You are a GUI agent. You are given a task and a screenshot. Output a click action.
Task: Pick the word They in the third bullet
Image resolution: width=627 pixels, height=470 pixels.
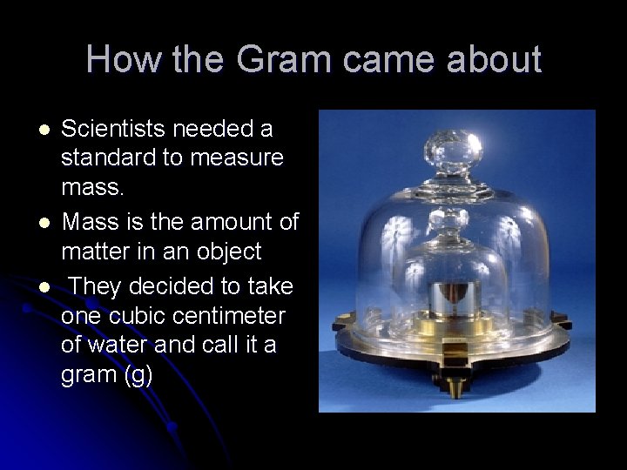(96, 285)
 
